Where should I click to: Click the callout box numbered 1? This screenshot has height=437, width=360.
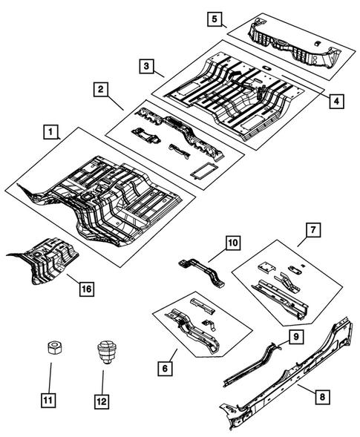50,133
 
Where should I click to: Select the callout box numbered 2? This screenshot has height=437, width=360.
99,90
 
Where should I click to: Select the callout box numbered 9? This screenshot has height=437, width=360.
295,337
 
